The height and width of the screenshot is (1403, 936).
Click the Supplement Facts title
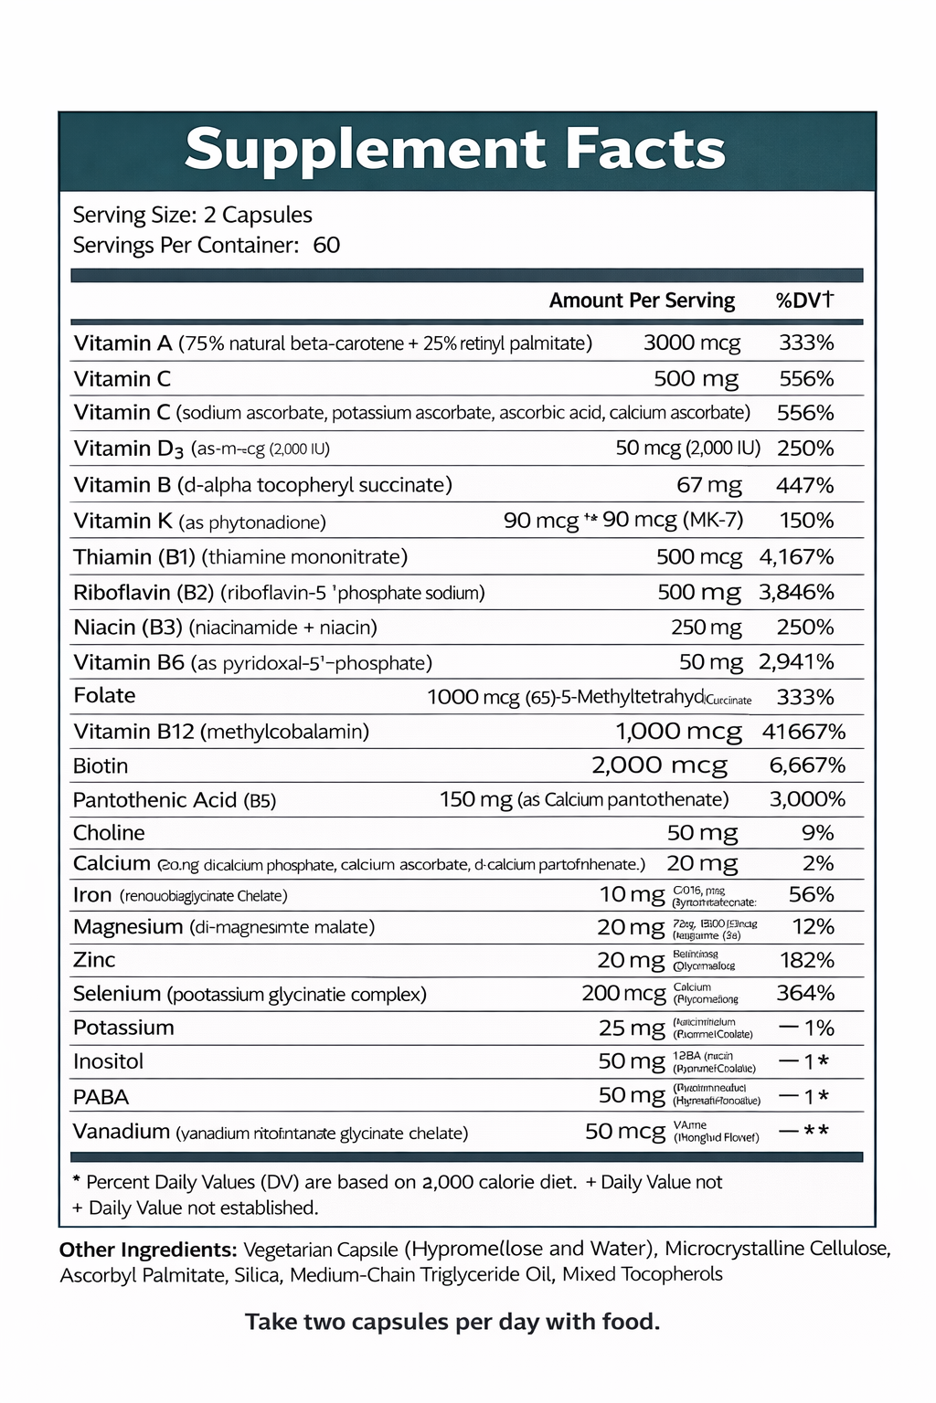tap(454, 150)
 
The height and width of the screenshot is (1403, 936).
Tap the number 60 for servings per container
tap(326, 245)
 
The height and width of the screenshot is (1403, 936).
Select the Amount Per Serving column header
tap(642, 301)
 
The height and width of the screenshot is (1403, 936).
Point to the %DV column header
tap(804, 301)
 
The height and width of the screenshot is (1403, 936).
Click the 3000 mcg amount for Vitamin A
tap(691, 343)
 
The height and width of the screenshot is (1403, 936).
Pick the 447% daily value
tap(805, 485)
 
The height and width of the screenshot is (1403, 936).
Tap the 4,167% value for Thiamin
tap(796, 557)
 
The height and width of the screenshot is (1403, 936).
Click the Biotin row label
tap(101, 765)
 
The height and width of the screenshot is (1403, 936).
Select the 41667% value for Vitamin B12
tap(803, 732)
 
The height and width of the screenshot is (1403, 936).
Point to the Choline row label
tap(109, 833)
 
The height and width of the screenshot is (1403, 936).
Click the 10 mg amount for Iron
tap(632, 895)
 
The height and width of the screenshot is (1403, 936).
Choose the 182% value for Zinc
tap(807, 960)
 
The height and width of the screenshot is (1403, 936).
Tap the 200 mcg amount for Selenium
tap(623, 994)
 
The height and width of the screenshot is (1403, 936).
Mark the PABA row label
tap(101, 1097)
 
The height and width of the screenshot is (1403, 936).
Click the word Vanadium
tap(121, 1132)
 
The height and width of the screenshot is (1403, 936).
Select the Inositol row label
tap(108, 1061)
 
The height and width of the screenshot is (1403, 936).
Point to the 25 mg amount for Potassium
tap(632, 1029)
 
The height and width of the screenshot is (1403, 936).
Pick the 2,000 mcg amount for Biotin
tap(659, 765)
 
